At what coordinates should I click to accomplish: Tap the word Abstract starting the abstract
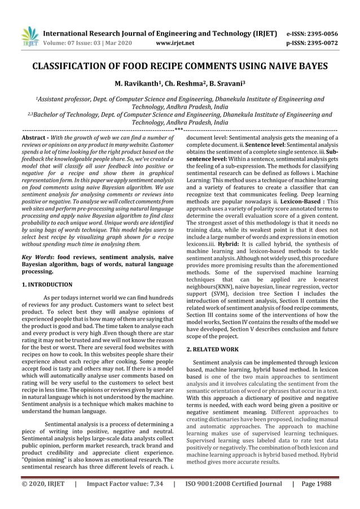click(x=33, y=137)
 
